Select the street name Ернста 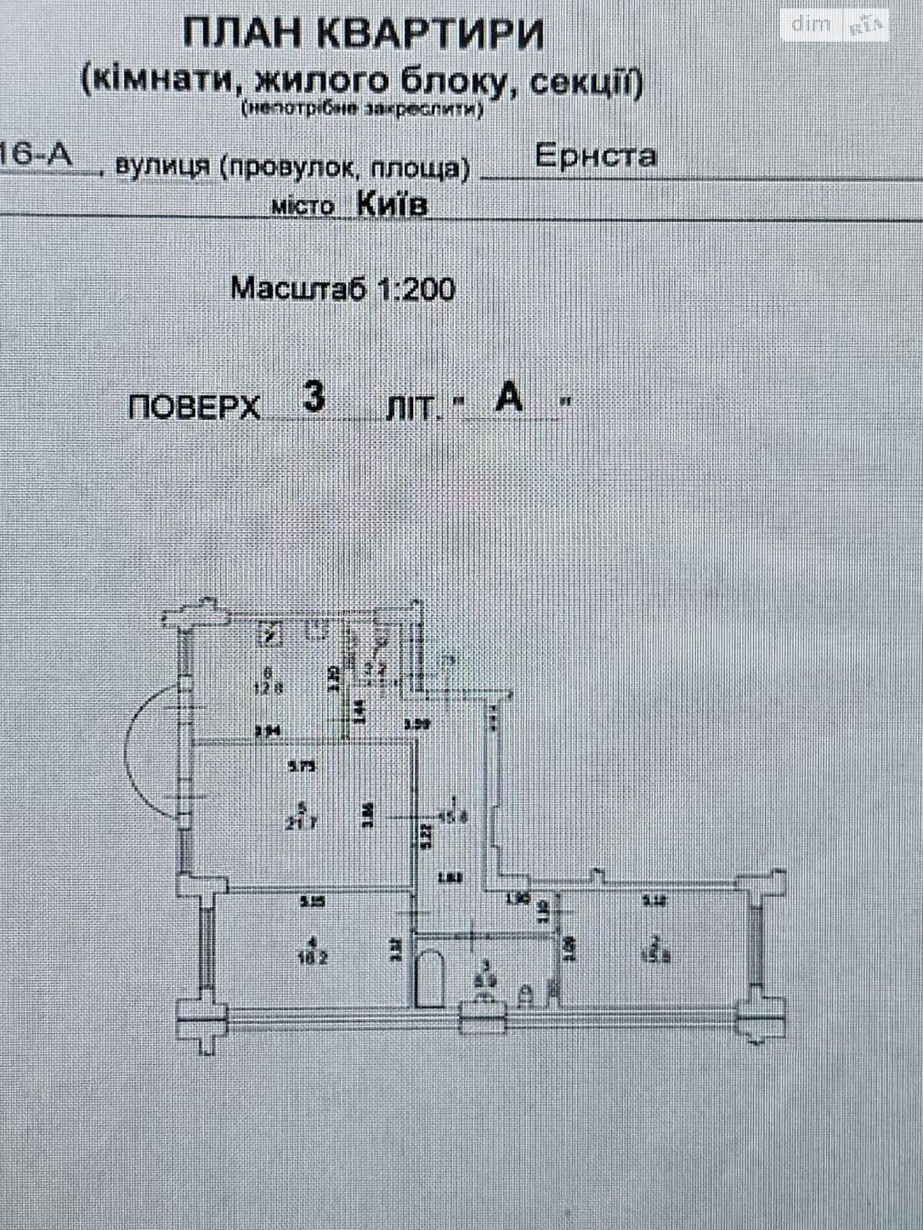coord(595,156)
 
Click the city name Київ coord(392,205)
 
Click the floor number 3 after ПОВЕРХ coord(314,397)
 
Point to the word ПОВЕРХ coord(194,407)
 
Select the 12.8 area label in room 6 coord(268,688)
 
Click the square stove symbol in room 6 coord(271,635)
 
